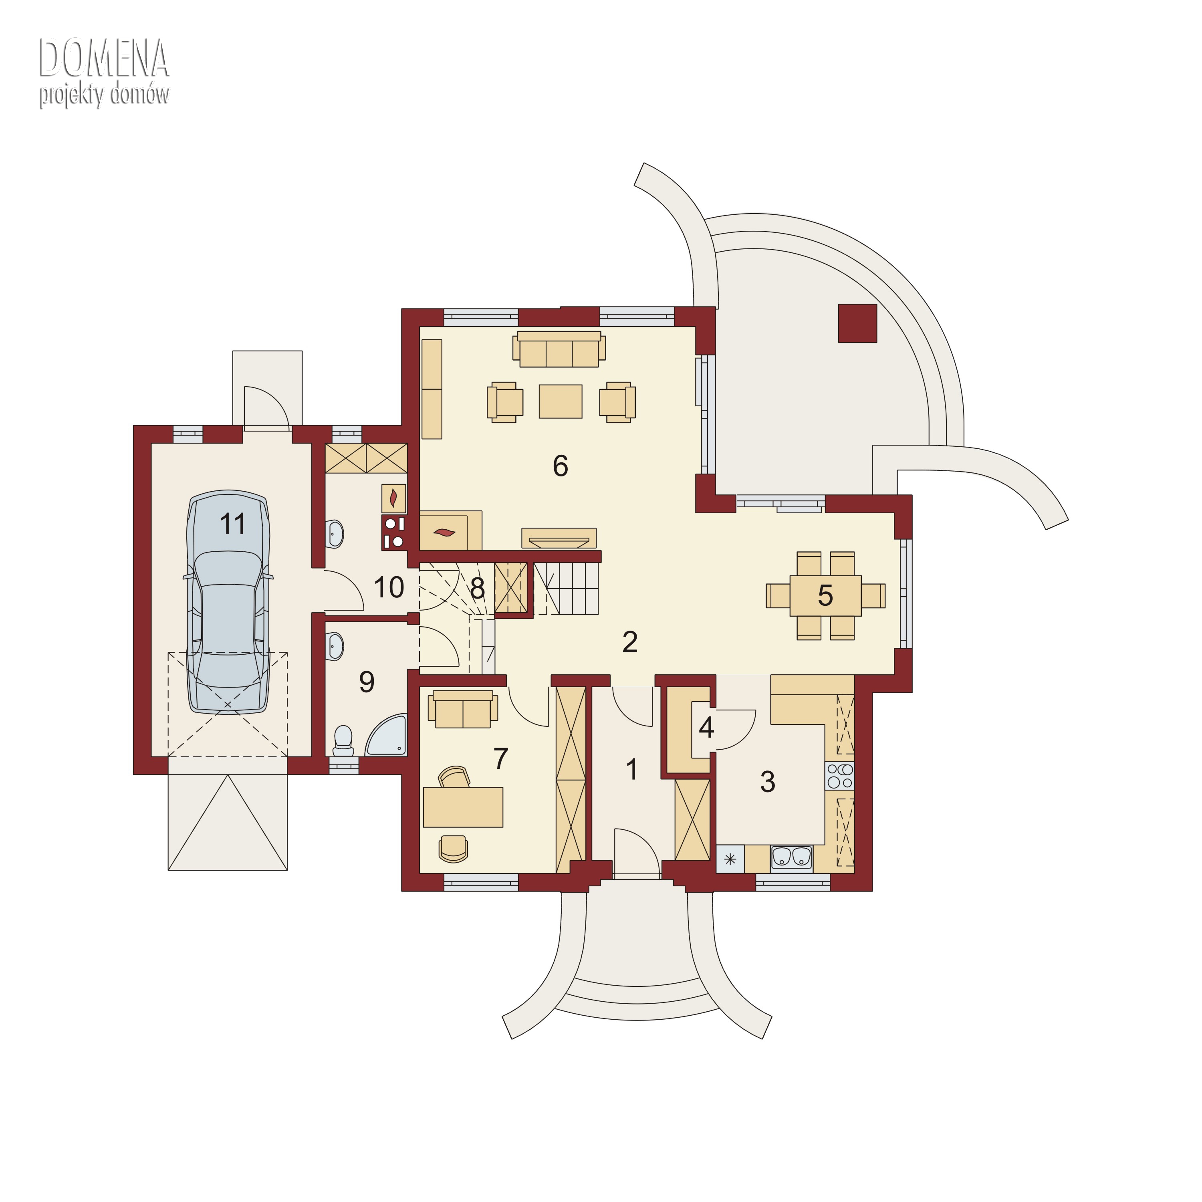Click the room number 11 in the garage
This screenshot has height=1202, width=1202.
pos(233,524)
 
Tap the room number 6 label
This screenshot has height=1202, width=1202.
pos(561,466)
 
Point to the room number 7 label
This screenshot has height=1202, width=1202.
pos(501,758)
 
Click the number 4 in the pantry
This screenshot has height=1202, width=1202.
pos(706,727)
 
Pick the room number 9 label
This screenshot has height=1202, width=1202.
pos(367,682)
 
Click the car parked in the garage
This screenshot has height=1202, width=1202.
pos(228,602)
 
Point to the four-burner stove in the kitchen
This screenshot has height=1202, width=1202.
pos(840,776)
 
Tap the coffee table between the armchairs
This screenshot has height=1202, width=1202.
pos(561,401)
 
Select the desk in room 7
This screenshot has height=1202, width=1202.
pos(463,807)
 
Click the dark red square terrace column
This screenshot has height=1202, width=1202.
pos(858,323)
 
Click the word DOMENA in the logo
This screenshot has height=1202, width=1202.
pos(104,57)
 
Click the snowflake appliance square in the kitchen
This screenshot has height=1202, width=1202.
pos(730,859)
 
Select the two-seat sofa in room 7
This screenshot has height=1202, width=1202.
pos(463,709)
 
